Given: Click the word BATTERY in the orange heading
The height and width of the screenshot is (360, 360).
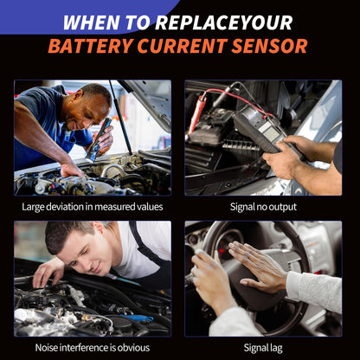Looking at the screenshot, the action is [91, 46].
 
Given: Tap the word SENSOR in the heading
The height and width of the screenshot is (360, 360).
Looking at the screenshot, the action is [269, 46].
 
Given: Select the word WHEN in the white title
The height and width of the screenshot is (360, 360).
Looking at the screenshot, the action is [91, 22].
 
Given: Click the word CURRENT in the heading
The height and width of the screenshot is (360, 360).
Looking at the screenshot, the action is [183, 46].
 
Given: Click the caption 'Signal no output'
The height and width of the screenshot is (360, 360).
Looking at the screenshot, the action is [263, 207].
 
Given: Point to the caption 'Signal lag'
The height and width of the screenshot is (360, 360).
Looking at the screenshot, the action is [263, 348].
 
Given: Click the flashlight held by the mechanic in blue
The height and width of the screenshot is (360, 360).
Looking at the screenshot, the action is [99, 139].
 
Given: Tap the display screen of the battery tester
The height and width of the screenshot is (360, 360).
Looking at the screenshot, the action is [270, 133].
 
